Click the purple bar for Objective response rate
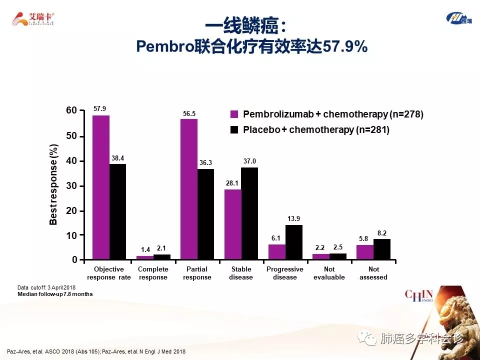click(x=101, y=187)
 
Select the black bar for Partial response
click(x=206, y=214)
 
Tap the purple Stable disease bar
click(x=232, y=224)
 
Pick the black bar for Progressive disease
click(x=294, y=242)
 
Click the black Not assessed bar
click(x=382, y=249)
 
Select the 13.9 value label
click(x=293, y=219)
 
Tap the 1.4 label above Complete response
click(x=145, y=249)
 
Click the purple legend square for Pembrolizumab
click(x=234, y=114)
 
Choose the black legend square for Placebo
click(x=234, y=130)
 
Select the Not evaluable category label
click(x=329, y=273)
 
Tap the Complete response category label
click(x=153, y=273)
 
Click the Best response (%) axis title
click(x=53, y=184)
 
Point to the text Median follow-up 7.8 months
click(x=55, y=294)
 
